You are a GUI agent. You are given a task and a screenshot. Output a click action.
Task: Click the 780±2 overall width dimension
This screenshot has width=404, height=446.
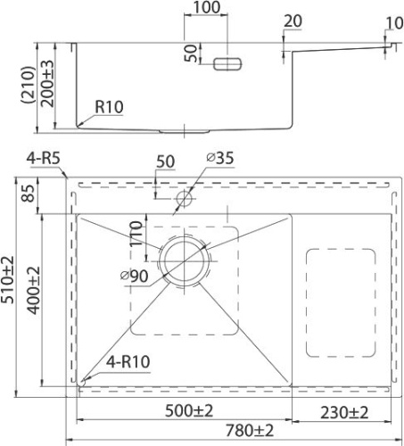click(x=250, y=430)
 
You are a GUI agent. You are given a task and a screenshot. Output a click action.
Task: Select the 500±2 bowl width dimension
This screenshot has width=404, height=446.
click(x=189, y=411)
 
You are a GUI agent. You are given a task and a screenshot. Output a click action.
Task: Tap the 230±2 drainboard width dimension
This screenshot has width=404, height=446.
click(x=344, y=413)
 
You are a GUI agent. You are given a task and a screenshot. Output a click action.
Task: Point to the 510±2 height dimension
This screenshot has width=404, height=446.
click(x=8, y=279)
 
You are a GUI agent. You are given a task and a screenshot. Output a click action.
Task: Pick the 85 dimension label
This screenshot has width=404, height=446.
click(x=29, y=194)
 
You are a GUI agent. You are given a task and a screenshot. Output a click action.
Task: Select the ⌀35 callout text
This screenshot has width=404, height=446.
click(x=220, y=158)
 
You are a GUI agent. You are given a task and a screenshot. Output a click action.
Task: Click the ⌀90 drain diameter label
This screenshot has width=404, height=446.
click(x=135, y=277)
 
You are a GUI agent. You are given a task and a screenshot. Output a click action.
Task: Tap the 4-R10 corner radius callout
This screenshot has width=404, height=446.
click(x=128, y=362)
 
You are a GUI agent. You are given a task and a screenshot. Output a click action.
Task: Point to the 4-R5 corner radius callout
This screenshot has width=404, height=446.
click(x=44, y=158)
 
